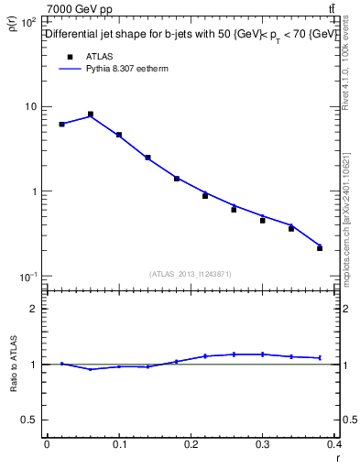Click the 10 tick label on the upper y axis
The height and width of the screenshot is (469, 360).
pos(29,106)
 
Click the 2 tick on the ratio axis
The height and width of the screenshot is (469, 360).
pos(33,309)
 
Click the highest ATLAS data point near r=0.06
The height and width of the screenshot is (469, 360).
pos(91,115)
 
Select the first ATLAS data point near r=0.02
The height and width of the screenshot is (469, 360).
pos(61,124)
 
